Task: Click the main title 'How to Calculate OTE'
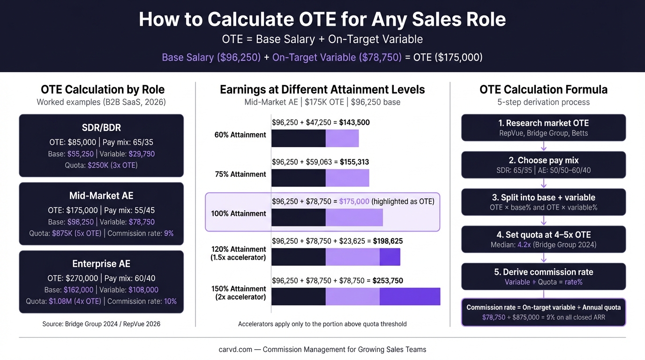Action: point(322,20)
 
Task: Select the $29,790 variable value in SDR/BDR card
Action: point(142,154)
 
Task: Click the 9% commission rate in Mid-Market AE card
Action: point(169,233)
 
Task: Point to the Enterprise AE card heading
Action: point(101,263)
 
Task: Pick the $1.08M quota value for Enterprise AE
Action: point(75,301)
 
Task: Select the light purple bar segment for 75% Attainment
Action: point(347,178)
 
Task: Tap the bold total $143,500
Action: point(354,123)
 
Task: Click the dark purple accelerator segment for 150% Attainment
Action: point(410,296)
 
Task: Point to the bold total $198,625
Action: point(388,241)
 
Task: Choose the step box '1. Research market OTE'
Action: point(543,127)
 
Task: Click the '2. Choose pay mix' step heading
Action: point(543,160)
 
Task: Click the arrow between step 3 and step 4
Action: point(543,220)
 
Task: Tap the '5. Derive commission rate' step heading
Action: point(543,272)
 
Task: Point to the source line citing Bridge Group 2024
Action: point(101,324)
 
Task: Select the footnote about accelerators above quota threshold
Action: point(322,324)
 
